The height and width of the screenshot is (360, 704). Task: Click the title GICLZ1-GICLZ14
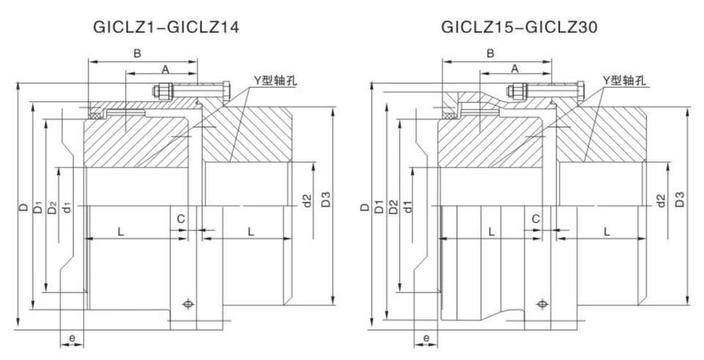coord(166,28)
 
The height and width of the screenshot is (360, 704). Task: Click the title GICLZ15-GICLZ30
coord(520,28)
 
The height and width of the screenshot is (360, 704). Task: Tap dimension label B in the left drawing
coord(136,53)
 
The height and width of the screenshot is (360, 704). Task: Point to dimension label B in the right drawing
coord(491,53)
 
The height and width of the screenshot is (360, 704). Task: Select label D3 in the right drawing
coord(680,199)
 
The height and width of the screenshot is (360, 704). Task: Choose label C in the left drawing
coord(180,218)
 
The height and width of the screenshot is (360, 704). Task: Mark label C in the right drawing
coord(535,218)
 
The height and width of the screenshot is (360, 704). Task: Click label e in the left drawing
coord(72,337)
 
